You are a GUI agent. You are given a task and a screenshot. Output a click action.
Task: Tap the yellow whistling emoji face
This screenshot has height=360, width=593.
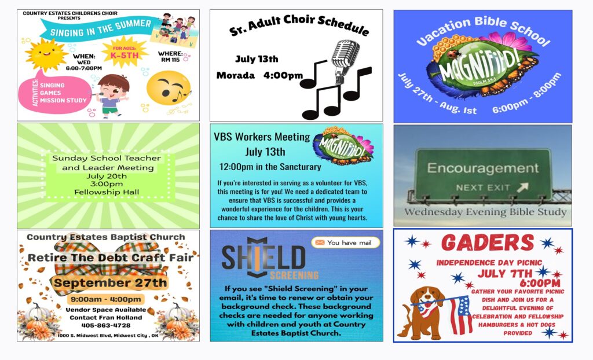tap(169, 88)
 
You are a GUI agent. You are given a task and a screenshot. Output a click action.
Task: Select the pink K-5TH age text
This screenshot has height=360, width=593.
tap(125, 55)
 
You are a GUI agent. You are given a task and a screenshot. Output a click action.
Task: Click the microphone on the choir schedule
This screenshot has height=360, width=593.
tap(344, 61)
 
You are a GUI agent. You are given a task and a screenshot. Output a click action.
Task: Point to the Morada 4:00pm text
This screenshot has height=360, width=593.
tap(259, 75)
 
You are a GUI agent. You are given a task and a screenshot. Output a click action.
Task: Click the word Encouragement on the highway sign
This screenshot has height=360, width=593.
tap(482, 168)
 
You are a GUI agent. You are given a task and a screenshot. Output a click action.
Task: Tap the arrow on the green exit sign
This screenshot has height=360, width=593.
tap(522, 187)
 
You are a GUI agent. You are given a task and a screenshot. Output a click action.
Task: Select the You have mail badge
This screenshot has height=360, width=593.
tap(345, 243)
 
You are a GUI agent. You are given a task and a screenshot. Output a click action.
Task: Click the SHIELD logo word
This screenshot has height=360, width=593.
tap(263, 258)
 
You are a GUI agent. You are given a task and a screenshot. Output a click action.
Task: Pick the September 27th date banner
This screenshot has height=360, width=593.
tap(109, 282)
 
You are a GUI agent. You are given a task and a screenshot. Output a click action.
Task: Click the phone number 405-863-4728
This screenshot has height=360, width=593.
tap(106, 325)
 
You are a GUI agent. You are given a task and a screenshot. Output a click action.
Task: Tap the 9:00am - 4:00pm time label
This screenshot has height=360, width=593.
tap(106, 299)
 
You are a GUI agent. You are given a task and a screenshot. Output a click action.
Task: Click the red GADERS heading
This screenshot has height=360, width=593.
tap(488, 243)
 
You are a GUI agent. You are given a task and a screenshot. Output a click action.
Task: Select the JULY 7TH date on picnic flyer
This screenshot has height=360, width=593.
tap(505, 273)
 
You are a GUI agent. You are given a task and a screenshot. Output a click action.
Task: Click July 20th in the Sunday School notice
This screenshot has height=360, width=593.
tap(107, 176)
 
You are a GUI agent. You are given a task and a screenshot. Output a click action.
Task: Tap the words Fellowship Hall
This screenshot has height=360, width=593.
tap(107, 192)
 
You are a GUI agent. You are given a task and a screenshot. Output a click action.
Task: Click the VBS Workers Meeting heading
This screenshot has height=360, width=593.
tap(262, 137)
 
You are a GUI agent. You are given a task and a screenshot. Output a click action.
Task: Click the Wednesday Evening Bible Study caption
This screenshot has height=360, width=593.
tap(485, 212)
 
